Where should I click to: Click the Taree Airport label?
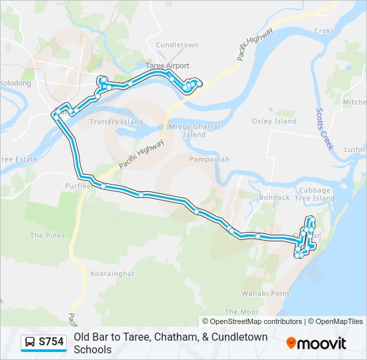(x=167, y=66)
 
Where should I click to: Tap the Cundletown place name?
(x=177, y=45)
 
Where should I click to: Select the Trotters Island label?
(x=116, y=122)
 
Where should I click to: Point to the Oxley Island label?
(x=274, y=121)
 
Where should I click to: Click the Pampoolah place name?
(x=209, y=160)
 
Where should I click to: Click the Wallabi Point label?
(x=266, y=293)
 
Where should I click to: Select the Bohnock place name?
(x=274, y=197)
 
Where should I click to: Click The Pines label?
(x=47, y=235)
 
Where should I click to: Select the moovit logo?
(x=316, y=343)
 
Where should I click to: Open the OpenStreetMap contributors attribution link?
(x=256, y=321)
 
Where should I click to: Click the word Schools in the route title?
(x=93, y=349)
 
